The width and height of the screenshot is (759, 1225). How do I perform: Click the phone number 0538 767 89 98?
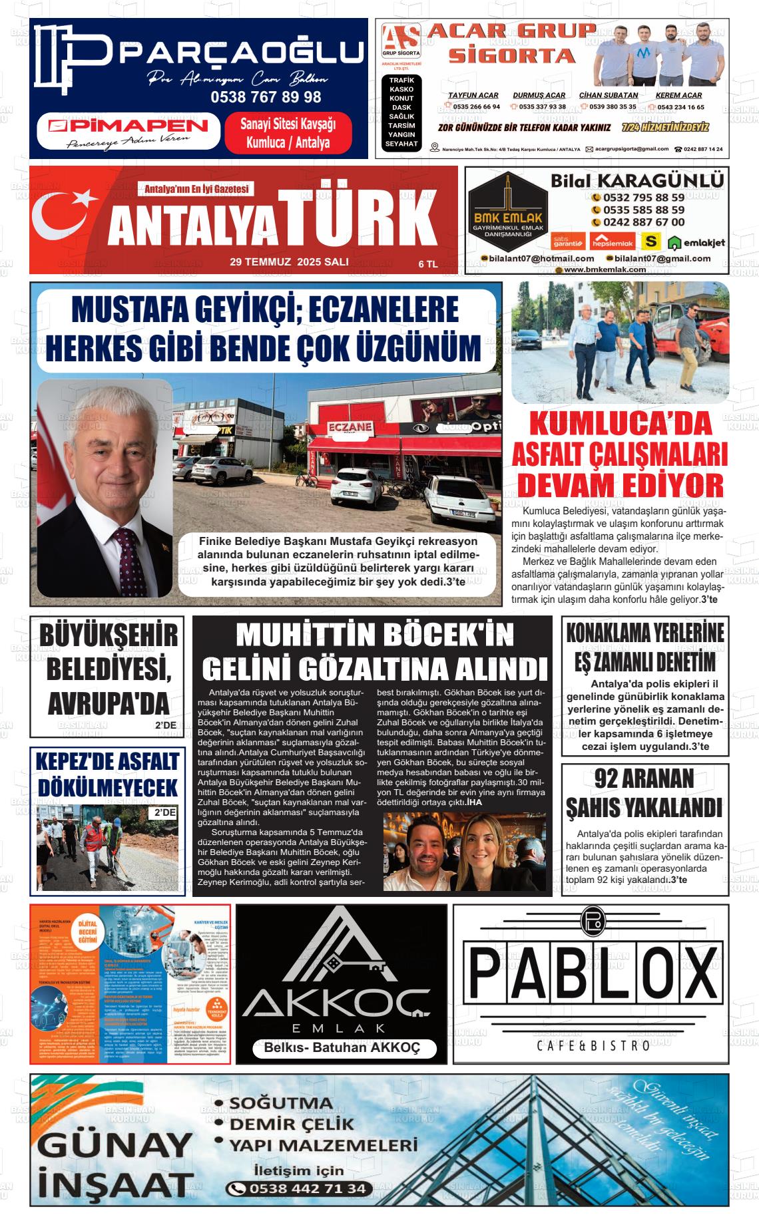(266, 97)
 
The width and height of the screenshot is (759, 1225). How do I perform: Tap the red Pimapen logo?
(128, 126)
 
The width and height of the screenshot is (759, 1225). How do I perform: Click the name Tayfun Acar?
(473, 95)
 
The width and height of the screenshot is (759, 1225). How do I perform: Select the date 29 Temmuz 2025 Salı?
(289, 262)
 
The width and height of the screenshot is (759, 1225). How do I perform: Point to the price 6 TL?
(428, 264)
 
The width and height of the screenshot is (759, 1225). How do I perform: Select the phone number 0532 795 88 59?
(643, 198)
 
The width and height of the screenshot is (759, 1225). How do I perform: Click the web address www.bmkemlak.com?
(605, 269)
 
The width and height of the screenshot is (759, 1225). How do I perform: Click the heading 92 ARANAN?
(644, 779)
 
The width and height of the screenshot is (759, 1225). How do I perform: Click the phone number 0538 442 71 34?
(307, 1188)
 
